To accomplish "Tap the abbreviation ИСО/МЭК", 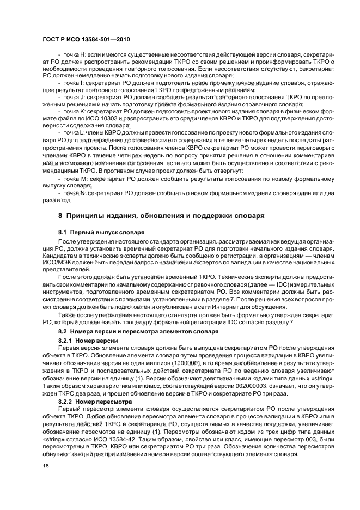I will click(59, 262).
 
